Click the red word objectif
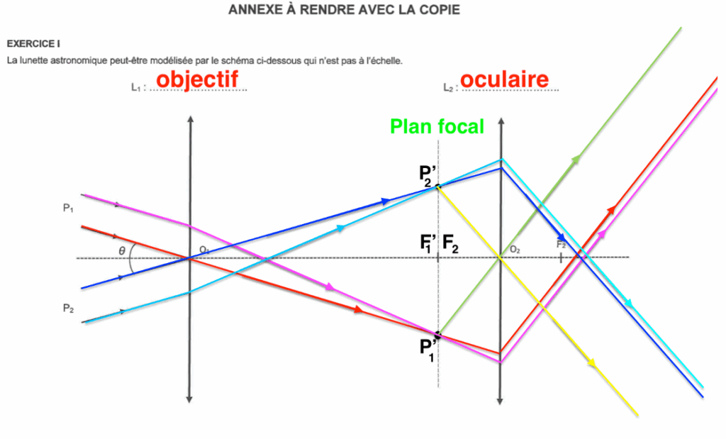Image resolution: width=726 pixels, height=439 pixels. pyautogui.click(x=197, y=79)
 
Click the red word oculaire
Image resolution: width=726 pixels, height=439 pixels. pyautogui.click(x=504, y=79)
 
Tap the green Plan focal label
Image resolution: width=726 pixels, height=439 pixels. pyautogui.click(x=437, y=127)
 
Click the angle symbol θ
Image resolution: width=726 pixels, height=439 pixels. pyautogui.click(x=122, y=249)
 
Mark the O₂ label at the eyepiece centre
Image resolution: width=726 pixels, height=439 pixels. pyautogui.click(x=514, y=250)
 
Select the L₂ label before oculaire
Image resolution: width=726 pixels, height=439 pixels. pyautogui.click(x=448, y=87)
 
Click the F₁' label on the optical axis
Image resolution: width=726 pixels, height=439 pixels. pyautogui.click(x=428, y=246)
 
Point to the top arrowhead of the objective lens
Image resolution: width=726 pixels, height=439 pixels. pyautogui.click(x=189, y=116)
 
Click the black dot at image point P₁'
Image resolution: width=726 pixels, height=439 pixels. pyautogui.click(x=438, y=334)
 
